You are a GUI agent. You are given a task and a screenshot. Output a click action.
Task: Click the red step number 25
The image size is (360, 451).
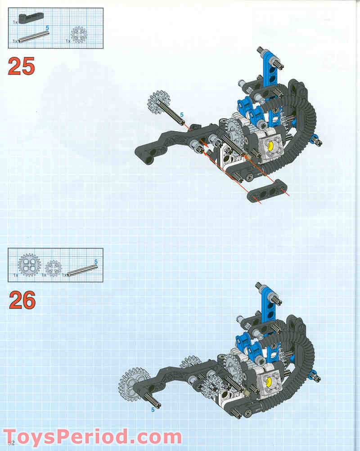click(21, 66)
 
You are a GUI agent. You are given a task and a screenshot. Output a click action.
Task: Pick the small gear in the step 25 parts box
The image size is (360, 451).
click(79, 34)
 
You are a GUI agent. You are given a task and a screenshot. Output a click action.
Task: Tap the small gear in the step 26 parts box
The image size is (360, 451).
click(53, 268)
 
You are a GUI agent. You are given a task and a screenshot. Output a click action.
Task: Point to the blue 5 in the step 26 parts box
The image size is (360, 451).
click(95, 261)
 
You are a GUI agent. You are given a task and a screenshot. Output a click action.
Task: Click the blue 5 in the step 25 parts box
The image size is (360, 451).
click(47, 28)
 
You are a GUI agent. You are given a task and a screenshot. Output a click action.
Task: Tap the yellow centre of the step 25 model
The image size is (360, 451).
click(270, 146)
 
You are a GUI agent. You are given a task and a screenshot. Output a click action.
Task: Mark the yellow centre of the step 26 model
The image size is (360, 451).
click(270, 381)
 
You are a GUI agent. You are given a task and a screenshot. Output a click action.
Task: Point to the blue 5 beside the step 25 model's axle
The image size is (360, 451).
click(182, 115)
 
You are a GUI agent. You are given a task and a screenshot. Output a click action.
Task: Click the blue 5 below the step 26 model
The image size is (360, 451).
click(153, 410)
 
